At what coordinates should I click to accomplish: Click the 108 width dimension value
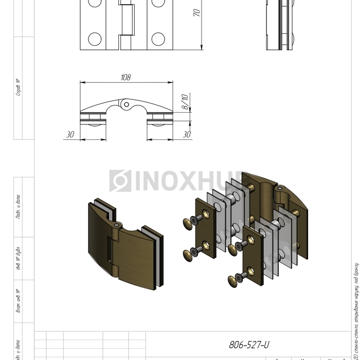point(125,78)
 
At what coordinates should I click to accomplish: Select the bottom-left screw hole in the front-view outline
point(94,39)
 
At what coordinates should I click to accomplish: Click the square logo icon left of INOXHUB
point(120,181)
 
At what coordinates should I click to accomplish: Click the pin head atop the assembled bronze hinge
point(118,225)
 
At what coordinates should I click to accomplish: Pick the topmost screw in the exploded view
point(189,223)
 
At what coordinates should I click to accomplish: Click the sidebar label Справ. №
point(18,87)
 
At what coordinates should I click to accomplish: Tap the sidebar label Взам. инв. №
point(18,301)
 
